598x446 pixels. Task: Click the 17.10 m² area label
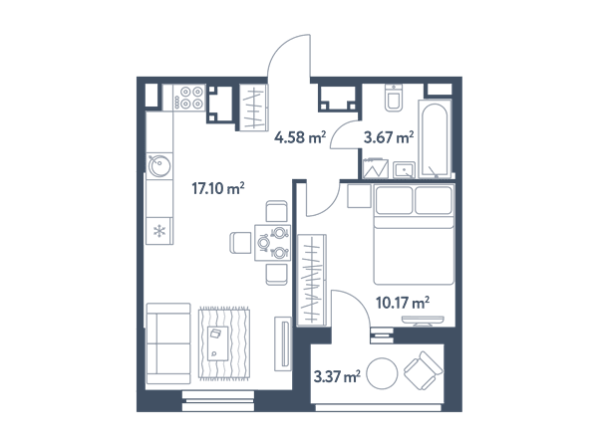tap(217, 188)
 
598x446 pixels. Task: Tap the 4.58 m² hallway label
tap(300, 137)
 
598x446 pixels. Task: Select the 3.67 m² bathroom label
tap(389, 137)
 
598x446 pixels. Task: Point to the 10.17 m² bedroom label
tap(403, 303)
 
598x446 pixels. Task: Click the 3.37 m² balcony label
tap(337, 376)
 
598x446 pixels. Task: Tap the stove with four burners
tap(189, 98)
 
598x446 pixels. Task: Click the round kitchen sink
tap(159, 165)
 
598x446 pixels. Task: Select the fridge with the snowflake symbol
tap(159, 231)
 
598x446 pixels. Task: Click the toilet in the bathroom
tap(394, 98)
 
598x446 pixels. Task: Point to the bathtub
tap(435, 139)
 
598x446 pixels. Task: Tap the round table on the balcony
tap(382, 373)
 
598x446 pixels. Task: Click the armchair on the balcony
tap(423, 370)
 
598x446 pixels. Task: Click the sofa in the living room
tap(168, 343)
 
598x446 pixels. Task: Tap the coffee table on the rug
tap(217, 343)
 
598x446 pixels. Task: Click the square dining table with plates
tap(273, 243)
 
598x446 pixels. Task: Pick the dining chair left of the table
tap(240, 243)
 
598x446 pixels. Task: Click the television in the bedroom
tap(423, 321)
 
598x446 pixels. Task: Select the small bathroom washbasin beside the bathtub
tap(404, 170)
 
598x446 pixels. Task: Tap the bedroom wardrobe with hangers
tap(312, 281)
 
